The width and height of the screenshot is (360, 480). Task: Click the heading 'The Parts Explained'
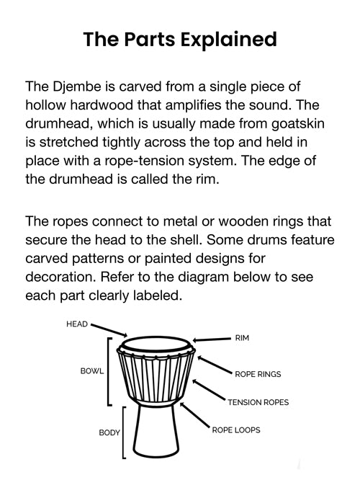pos(179,39)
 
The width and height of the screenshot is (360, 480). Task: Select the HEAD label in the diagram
pos(76,324)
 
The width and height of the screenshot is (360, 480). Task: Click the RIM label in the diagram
pos(242,337)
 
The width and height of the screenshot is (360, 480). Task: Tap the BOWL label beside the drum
pos(91,371)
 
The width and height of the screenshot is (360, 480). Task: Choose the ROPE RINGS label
pos(258,374)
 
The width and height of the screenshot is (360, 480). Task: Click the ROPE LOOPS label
pos(235,430)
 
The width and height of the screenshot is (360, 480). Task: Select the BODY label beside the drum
pos(109,433)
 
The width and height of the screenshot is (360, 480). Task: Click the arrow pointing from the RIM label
pos(213,339)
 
